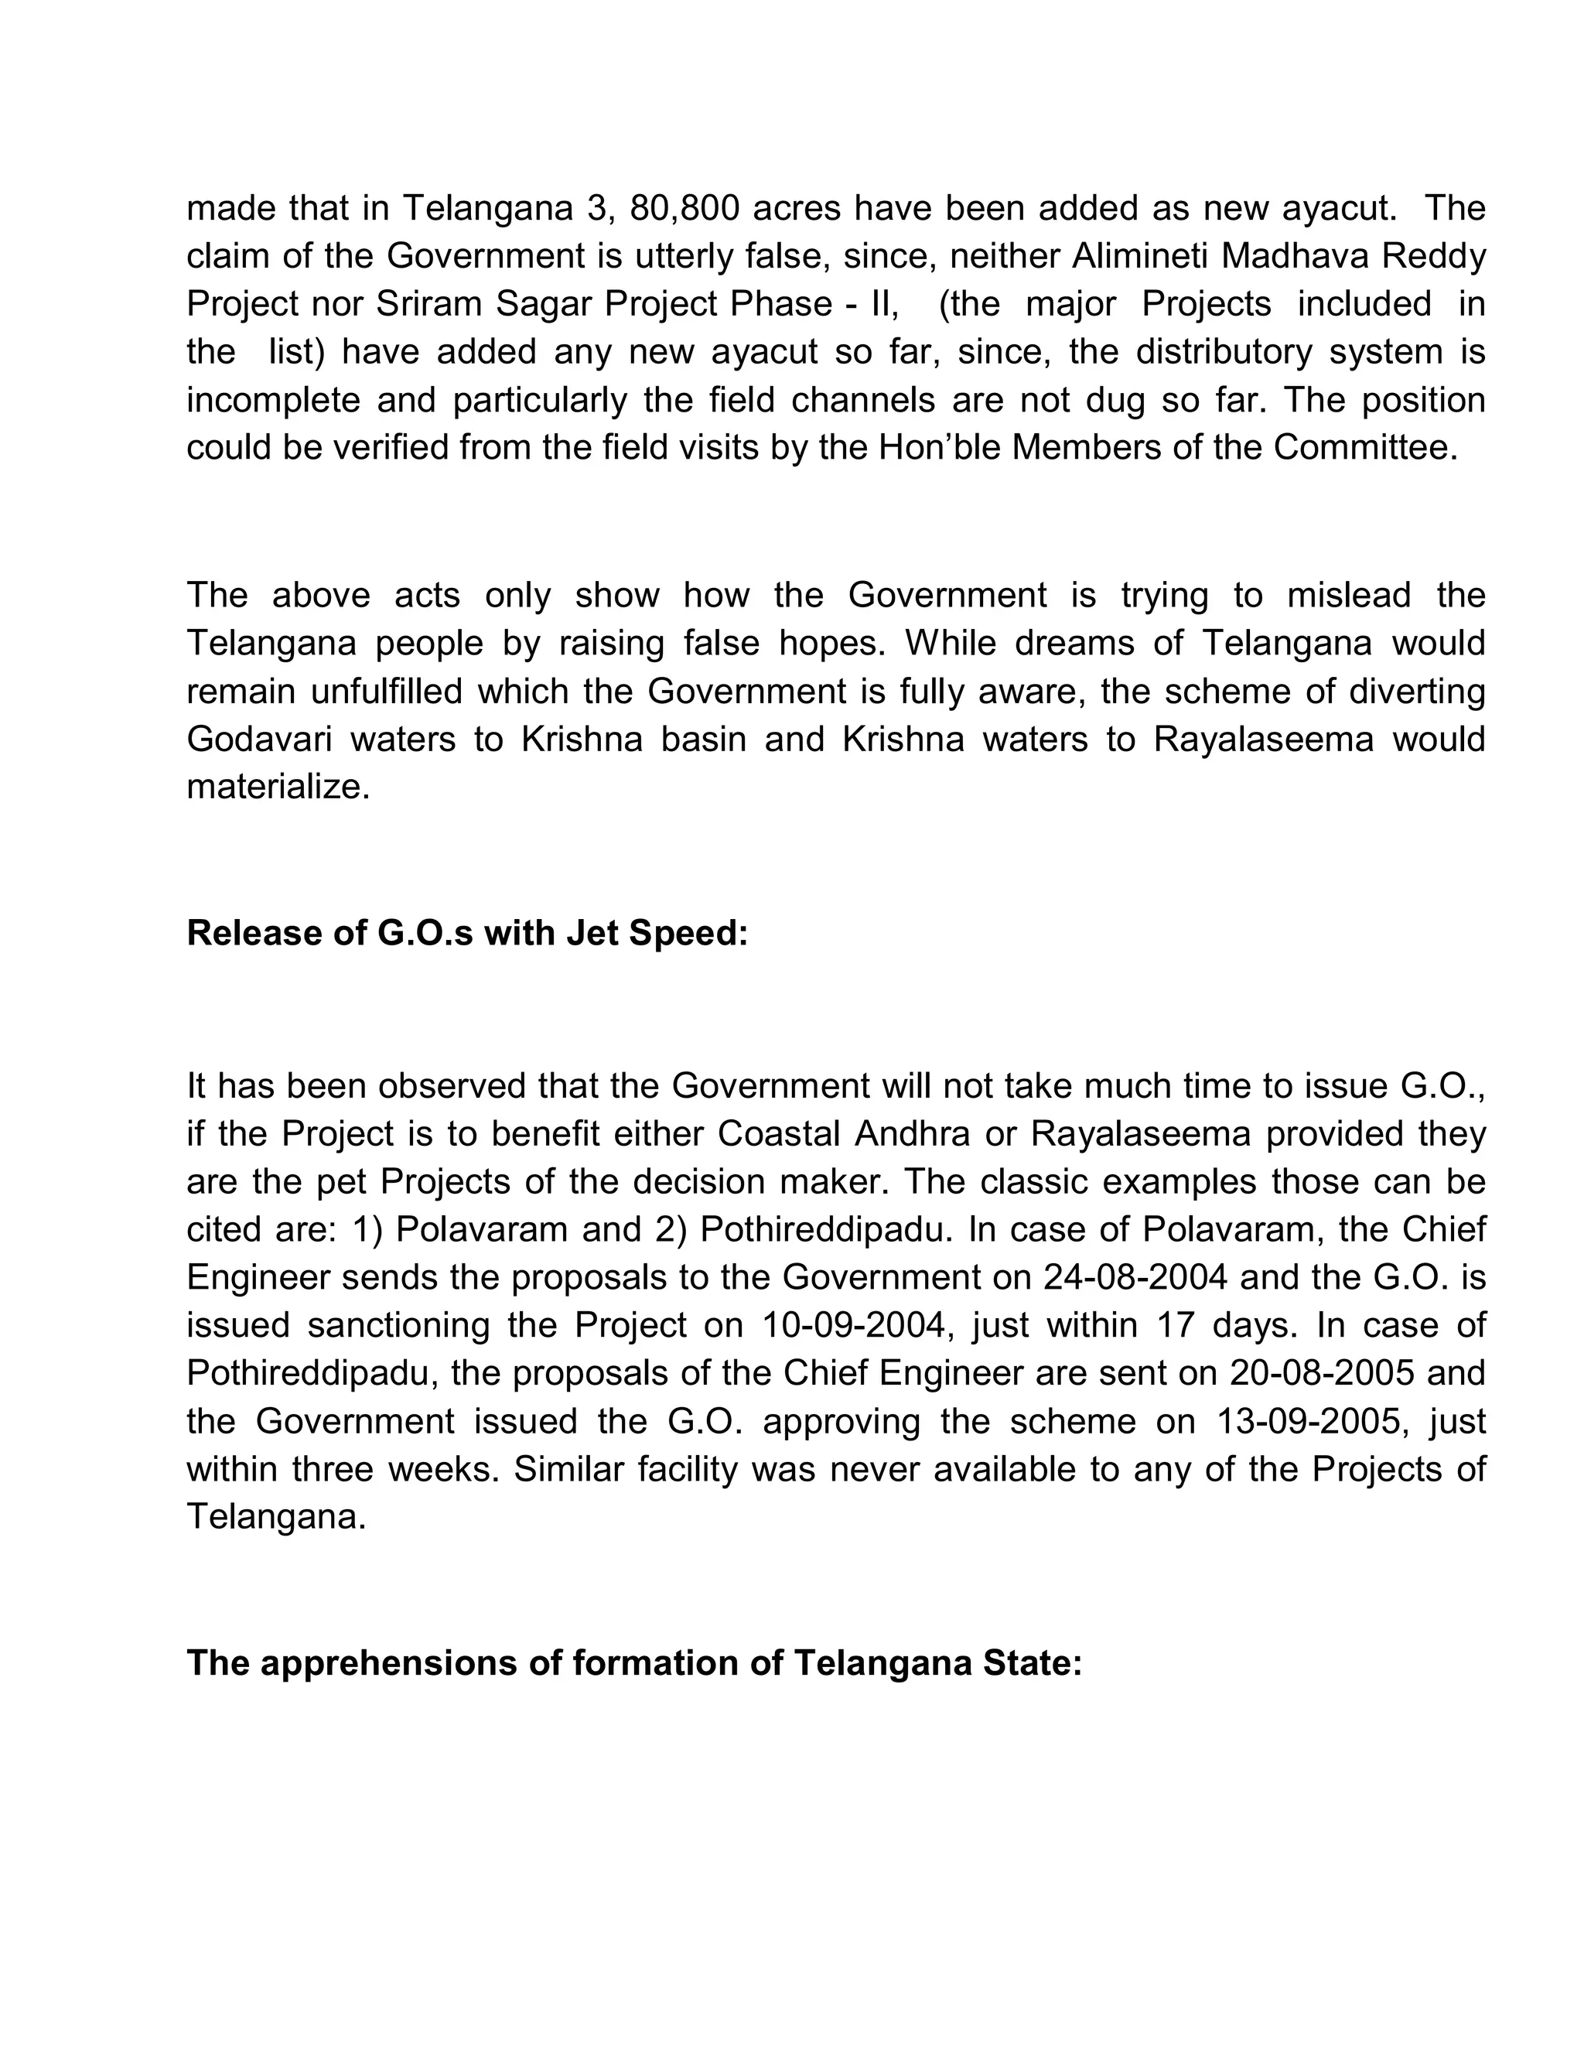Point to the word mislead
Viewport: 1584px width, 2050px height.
tap(1348, 595)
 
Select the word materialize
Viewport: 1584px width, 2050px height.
tap(278, 787)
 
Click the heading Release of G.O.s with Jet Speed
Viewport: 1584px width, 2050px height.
tap(467, 933)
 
